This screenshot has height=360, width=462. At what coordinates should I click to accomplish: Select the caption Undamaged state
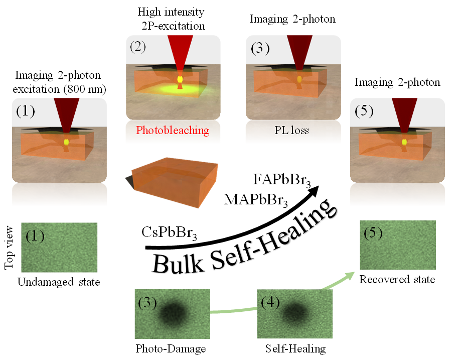coord(59,282)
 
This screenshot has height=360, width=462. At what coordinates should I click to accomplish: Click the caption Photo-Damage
coord(171,348)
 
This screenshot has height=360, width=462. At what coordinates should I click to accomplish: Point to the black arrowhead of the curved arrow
coord(316,189)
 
